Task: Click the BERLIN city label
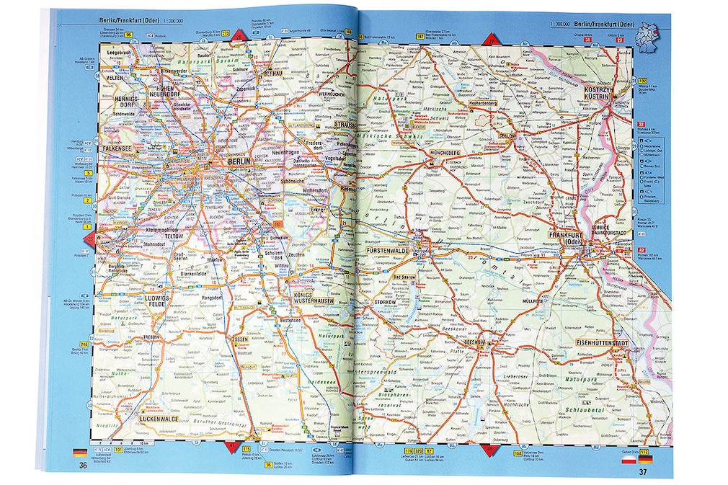[x=238, y=161]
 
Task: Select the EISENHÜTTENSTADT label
[x=602, y=342]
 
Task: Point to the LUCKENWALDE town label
[x=159, y=419]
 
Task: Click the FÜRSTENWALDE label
[x=388, y=249]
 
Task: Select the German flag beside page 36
[x=80, y=453]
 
